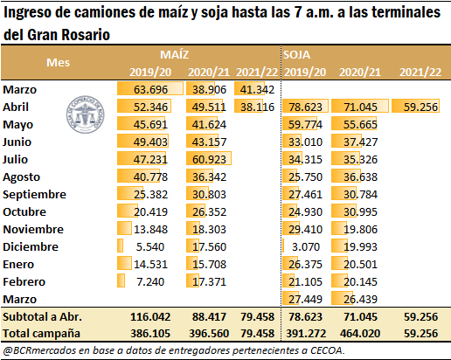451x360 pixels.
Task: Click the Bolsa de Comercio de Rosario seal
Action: (x=85, y=114)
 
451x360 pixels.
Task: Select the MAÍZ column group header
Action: (x=174, y=55)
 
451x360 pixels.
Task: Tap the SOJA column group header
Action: (x=296, y=55)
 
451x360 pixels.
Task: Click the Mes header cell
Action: (x=59, y=63)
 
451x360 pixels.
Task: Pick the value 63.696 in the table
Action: (x=150, y=89)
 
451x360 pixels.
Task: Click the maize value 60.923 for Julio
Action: (x=209, y=159)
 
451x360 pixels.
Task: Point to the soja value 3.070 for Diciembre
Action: (x=306, y=246)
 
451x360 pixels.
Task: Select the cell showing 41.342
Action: (x=257, y=89)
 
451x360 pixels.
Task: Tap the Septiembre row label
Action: (x=34, y=194)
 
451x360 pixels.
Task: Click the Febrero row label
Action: (x=24, y=281)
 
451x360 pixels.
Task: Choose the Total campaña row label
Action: (x=41, y=333)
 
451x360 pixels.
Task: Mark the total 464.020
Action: (x=360, y=333)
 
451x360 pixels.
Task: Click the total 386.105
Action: (x=150, y=333)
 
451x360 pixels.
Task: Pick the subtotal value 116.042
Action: (x=150, y=316)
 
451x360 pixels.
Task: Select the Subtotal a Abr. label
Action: (x=42, y=316)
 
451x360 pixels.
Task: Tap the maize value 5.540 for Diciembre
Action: (x=150, y=246)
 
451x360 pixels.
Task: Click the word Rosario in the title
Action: (x=86, y=35)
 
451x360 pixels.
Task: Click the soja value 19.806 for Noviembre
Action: (x=360, y=229)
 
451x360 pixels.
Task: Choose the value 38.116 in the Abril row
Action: (x=257, y=107)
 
